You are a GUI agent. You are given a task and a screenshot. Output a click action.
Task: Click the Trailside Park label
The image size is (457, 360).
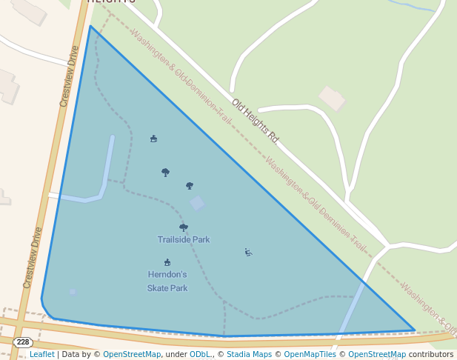pyautogui.click(x=184, y=239)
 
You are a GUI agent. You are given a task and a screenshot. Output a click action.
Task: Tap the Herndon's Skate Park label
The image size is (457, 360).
pyautogui.click(x=167, y=281)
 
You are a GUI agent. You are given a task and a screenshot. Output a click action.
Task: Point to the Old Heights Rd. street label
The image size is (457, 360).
pyautogui.click(x=254, y=121)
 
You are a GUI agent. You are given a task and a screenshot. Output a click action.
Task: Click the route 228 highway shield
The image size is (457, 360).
pyautogui.click(x=23, y=341)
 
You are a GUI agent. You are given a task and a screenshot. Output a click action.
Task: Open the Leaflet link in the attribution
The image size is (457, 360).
pyautogui.click(x=41, y=354)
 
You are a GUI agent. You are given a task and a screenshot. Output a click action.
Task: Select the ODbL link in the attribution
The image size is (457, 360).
pyautogui.click(x=199, y=354)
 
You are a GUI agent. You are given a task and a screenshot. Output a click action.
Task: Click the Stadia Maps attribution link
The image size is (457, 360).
pyautogui.click(x=248, y=354)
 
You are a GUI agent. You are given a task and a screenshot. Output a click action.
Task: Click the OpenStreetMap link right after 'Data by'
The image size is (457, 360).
pyautogui.click(x=132, y=354)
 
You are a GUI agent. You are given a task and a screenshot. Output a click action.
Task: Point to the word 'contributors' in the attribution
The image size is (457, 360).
pyautogui.click(x=431, y=354)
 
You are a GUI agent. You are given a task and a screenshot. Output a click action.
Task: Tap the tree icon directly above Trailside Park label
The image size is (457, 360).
pyautogui.click(x=184, y=227)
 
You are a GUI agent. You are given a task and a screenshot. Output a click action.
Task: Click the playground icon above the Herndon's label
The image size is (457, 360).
pyautogui.click(x=167, y=262)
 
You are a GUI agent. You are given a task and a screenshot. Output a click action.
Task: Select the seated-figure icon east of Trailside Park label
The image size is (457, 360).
pyautogui.click(x=248, y=253)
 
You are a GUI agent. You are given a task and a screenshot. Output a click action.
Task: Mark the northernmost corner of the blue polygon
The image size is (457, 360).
pyautogui.click(x=90, y=27)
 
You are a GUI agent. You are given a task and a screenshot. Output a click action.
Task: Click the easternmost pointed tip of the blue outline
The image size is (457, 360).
pyautogui.click(x=414, y=330)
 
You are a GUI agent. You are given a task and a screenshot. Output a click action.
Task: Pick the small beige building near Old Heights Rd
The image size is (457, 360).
pyautogui.click(x=333, y=98)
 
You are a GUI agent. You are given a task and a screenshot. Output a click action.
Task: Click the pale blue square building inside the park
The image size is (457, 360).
pyautogui.click(x=197, y=202)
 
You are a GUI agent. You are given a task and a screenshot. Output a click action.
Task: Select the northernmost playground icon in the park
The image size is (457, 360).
pyautogui.click(x=153, y=139)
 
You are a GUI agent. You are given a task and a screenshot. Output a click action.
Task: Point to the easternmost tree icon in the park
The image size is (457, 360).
pyautogui.click(x=190, y=186)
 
